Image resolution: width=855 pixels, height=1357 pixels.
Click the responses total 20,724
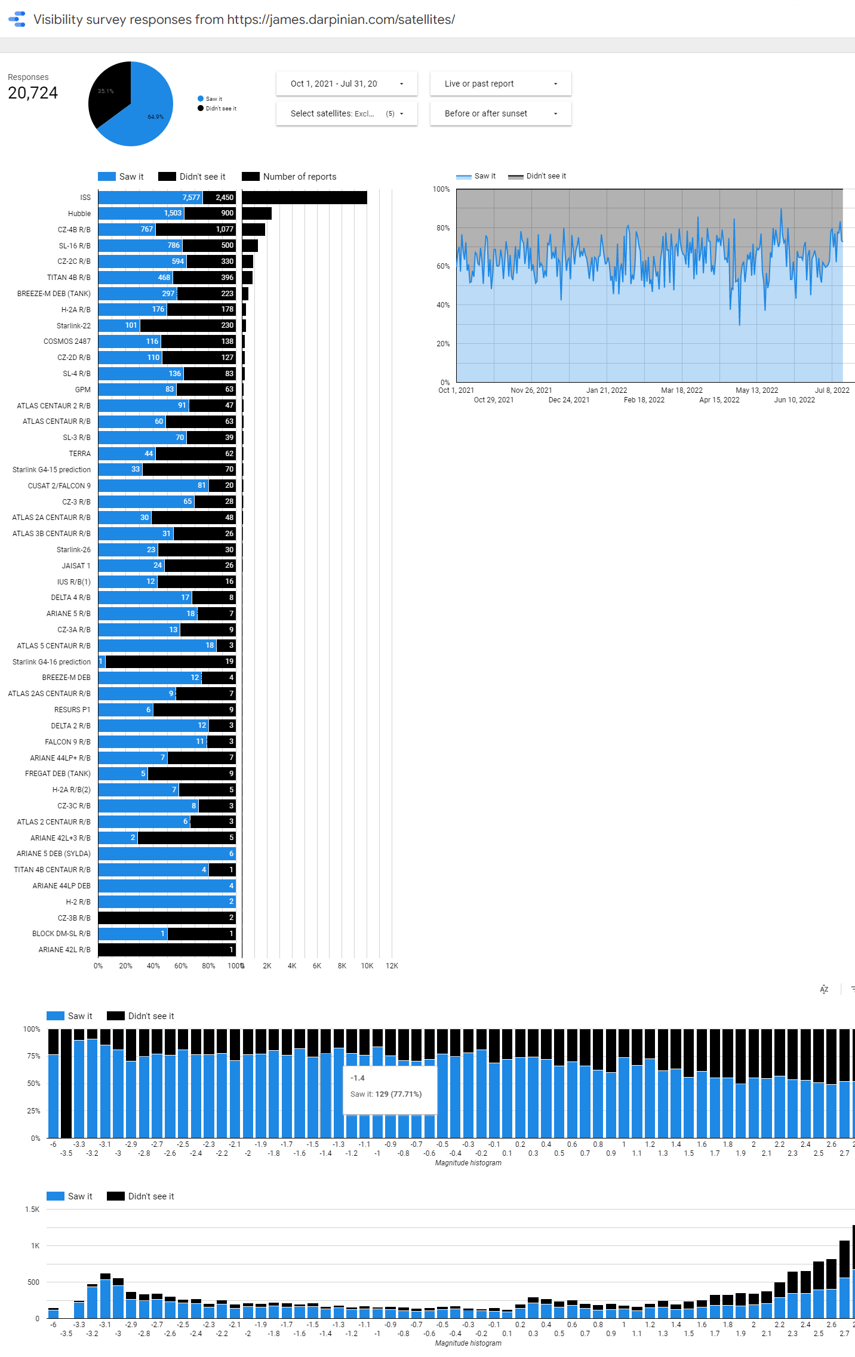[33, 93]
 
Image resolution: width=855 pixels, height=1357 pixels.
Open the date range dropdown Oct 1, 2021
[346, 84]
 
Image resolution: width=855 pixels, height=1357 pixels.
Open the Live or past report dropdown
[500, 84]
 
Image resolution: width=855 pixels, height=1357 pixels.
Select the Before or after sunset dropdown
[500, 113]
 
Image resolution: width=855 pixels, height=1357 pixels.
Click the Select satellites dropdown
[346, 113]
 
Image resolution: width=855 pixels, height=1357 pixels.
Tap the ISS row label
[85, 198]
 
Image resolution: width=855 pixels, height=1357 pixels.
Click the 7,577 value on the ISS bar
[191, 198]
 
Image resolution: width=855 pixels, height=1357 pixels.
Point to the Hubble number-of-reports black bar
[257, 213]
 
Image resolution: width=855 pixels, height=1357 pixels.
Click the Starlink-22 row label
[73, 326]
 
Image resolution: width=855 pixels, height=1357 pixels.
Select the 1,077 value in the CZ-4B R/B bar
[224, 229]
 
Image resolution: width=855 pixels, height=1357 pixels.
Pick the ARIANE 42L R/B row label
[64, 950]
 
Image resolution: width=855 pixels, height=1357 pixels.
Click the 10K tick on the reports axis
[367, 966]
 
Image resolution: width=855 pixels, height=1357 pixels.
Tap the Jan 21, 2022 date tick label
[607, 390]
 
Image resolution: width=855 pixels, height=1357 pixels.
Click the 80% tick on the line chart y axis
[443, 228]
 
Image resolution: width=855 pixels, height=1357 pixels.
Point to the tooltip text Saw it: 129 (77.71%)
[386, 1094]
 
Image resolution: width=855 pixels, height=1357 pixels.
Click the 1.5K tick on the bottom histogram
[32, 1210]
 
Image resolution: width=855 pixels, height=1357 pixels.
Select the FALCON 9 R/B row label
[67, 742]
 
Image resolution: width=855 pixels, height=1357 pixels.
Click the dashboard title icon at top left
[17, 19]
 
